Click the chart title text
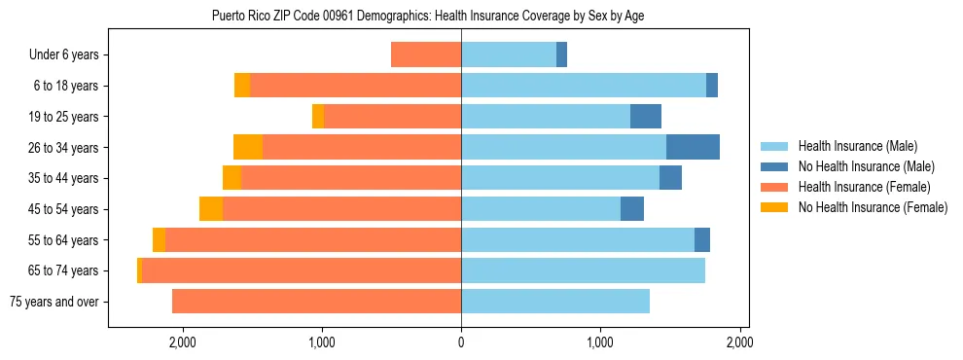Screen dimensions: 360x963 pos(427,16)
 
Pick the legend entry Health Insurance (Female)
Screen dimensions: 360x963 pos(857,187)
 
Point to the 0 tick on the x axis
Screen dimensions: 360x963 pos(461,342)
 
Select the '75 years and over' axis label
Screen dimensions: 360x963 pos(53,302)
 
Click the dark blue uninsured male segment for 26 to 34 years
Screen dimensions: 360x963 pos(693,147)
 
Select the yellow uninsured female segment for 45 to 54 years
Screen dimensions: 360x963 pos(211,209)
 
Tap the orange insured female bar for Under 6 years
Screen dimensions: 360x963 pos(426,54)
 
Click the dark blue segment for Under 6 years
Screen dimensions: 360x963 pos(561,54)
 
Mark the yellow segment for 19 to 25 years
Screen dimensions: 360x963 pos(318,117)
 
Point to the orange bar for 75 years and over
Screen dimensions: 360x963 pos(316,302)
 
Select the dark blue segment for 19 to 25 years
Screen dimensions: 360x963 pos(646,117)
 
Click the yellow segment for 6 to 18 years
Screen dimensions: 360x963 pos(242,86)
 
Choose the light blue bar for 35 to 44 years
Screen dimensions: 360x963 pos(560,178)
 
